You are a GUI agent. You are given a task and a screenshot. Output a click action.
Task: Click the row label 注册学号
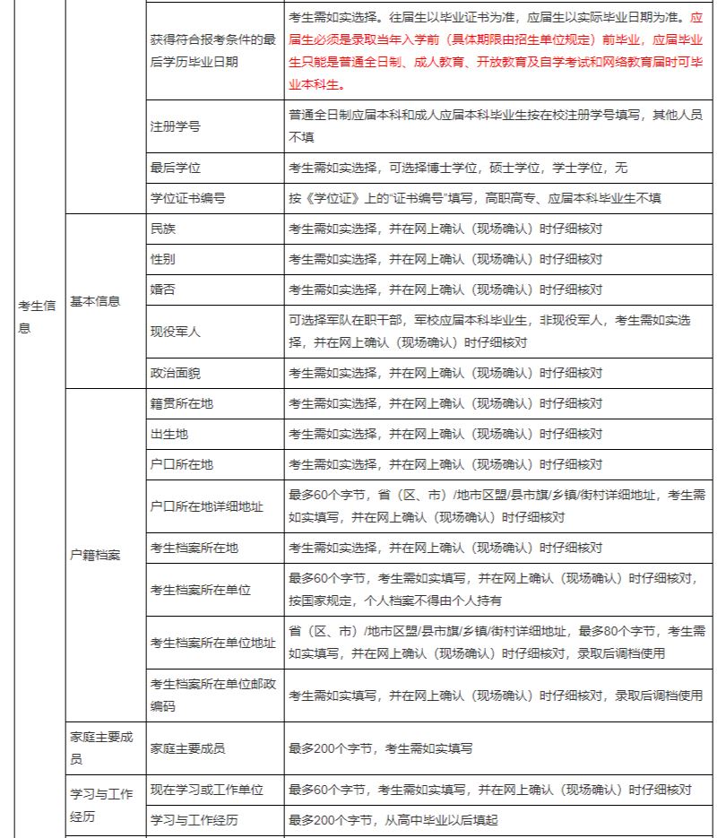(175, 126)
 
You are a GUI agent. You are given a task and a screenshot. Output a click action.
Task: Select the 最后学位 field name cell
(175, 168)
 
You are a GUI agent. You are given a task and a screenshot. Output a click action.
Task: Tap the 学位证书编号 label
(187, 198)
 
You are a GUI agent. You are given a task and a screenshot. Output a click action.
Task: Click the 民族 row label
(163, 229)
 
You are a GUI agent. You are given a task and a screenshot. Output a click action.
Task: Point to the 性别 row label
(163, 259)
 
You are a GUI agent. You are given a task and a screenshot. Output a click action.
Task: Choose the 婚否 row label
(163, 289)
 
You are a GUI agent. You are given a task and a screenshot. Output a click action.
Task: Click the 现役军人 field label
(175, 331)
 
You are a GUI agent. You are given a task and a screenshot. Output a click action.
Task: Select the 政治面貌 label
(175, 372)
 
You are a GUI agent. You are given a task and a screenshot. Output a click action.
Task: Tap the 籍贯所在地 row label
(181, 403)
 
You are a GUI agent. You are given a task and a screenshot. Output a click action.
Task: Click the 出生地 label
(169, 434)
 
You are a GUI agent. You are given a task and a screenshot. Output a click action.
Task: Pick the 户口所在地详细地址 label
(206, 506)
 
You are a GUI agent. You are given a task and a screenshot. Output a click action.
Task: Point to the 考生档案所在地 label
(194, 548)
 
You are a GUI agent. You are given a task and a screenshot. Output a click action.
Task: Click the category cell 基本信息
(95, 301)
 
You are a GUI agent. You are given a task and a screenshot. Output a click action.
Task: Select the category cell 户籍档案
(95, 555)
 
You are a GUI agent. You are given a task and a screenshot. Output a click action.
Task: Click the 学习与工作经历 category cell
(101, 805)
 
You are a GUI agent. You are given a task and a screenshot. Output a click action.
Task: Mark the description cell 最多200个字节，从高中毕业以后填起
(393, 820)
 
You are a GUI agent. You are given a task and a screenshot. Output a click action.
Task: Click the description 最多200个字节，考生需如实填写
(380, 747)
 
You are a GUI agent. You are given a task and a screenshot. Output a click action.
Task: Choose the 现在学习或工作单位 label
(206, 790)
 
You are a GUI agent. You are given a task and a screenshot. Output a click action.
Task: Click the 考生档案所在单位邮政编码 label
(212, 695)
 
